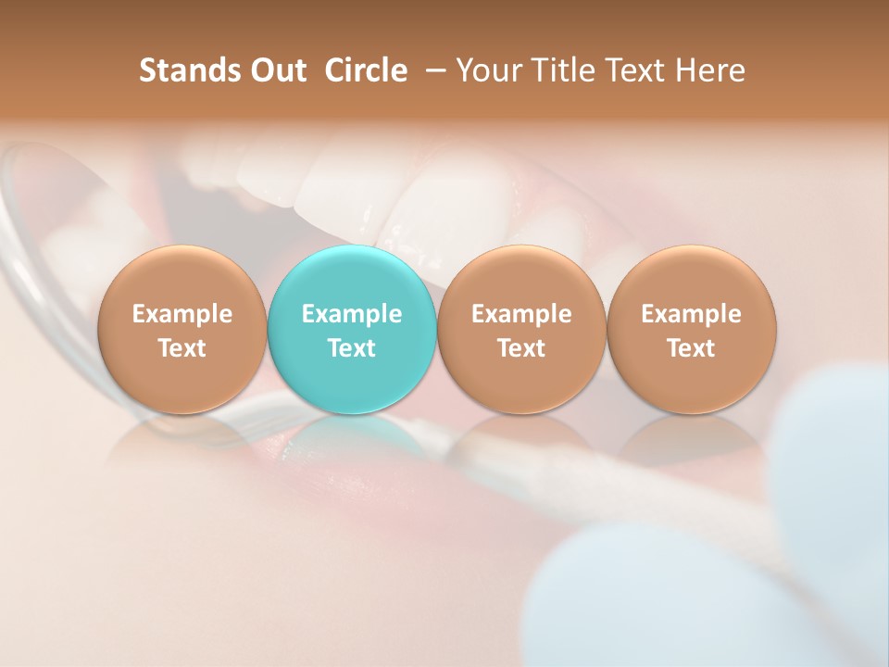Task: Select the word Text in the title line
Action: [x=635, y=70]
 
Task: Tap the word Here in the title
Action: [x=710, y=70]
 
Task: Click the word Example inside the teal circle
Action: [x=352, y=314]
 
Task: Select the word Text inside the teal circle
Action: [x=352, y=348]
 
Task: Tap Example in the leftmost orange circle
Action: [x=182, y=314]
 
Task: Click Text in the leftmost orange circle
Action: [x=182, y=348]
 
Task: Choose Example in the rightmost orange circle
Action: [x=692, y=314]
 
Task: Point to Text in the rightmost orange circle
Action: [x=692, y=348]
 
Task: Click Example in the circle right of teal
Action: [x=521, y=314]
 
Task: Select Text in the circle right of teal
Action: [x=521, y=348]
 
